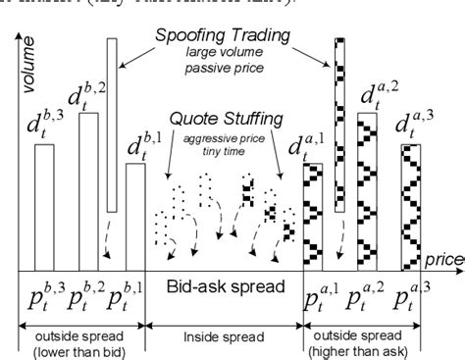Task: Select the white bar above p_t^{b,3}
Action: (x=45, y=207)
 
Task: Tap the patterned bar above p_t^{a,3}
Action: (x=410, y=207)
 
